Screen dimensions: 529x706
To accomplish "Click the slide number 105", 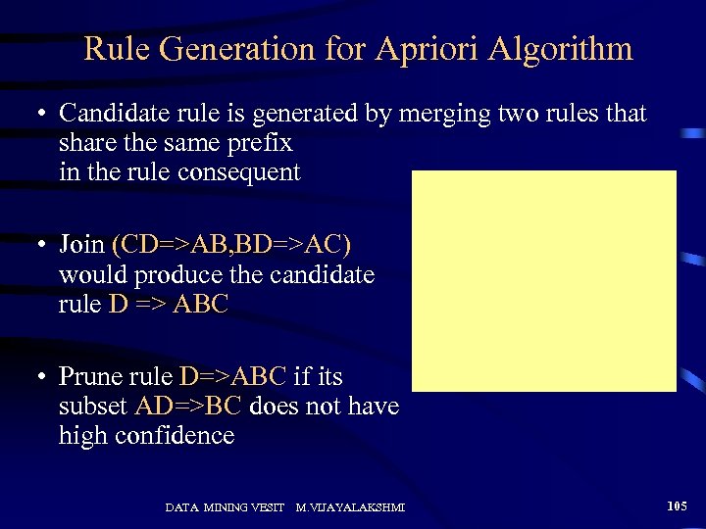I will click(x=677, y=506).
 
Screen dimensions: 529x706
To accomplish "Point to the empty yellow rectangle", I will click(x=544, y=281).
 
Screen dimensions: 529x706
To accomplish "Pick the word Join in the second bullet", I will click(x=82, y=244).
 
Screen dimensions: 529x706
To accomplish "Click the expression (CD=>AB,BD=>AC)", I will click(x=231, y=244).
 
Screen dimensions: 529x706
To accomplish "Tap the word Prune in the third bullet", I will click(x=89, y=376).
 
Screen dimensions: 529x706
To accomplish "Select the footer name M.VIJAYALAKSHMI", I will click(x=351, y=507).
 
